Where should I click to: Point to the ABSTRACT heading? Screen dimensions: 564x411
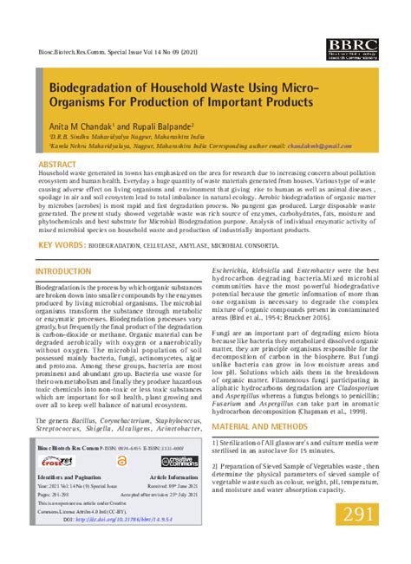(56, 163)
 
